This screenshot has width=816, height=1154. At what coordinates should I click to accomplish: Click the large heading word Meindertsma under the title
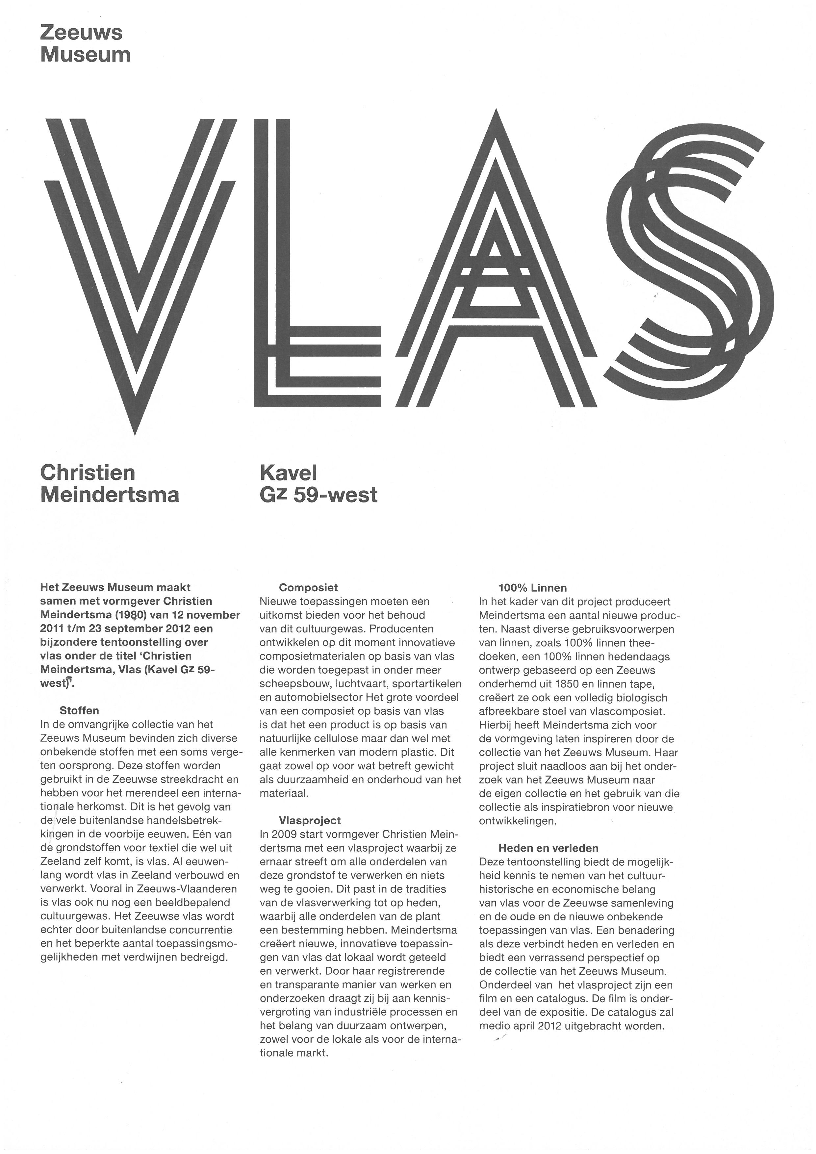[x=110, y=495]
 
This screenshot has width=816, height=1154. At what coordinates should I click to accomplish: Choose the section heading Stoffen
[x=79, y=711]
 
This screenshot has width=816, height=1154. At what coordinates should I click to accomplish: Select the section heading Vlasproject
[x=310, y=821]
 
